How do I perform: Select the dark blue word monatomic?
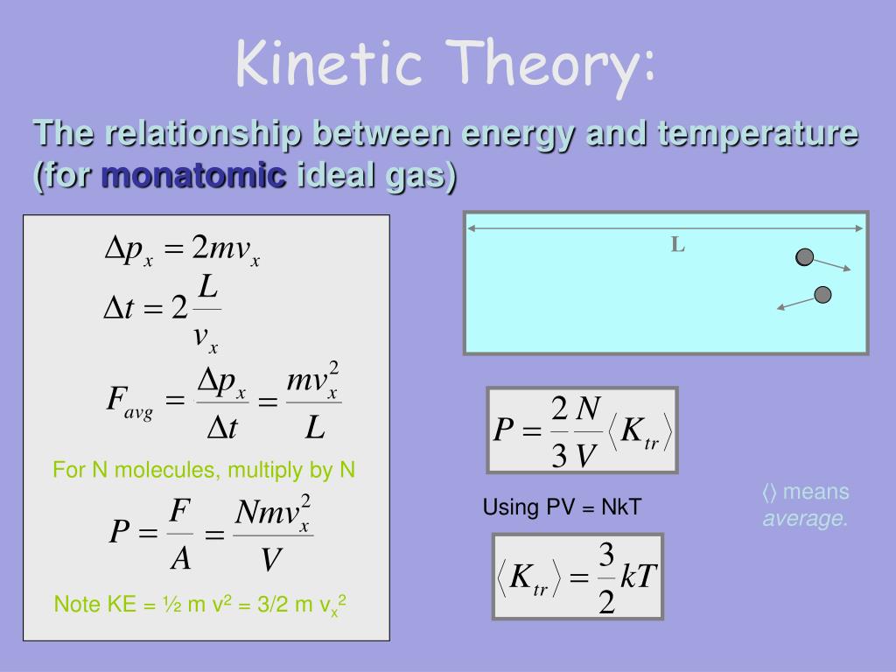pos(193,174)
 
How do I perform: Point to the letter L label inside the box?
pos(678,245)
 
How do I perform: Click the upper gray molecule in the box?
pos(805,257)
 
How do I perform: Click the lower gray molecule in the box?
pos(822,295)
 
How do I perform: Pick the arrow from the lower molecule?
pos(795,304)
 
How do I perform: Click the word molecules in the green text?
pos(165,470)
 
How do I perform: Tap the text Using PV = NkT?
pos(563,507)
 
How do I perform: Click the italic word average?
pos(805,518)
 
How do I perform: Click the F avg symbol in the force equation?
pos(129,401)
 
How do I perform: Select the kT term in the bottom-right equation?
pos(639,576)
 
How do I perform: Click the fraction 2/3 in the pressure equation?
pos(559,431)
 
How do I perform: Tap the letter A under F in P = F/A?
pos(180,558)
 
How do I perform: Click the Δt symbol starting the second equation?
pos(119,309)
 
